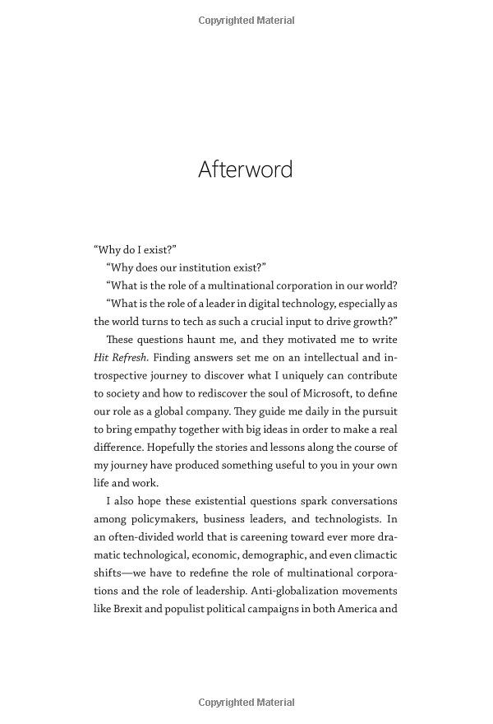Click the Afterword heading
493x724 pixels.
(246, 169)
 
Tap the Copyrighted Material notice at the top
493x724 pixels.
(246, 21)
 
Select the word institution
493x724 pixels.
(205, 267)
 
